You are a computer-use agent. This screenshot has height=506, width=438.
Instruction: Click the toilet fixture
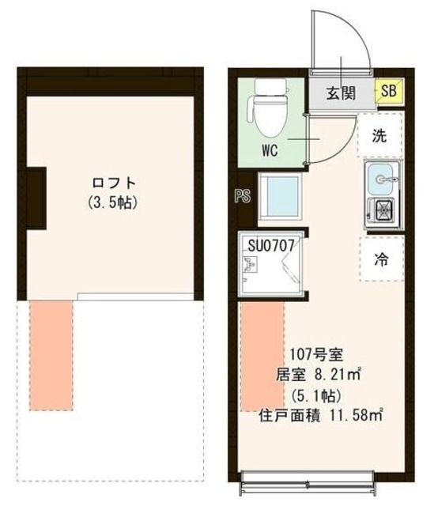[265, 108]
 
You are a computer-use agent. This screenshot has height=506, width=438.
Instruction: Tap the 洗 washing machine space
[381, 135]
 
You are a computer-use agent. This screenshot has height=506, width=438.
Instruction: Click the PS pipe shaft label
[243, 196]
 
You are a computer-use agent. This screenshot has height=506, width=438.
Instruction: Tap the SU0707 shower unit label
[271, 246]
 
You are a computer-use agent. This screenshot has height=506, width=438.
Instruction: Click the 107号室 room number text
[315, 353]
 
